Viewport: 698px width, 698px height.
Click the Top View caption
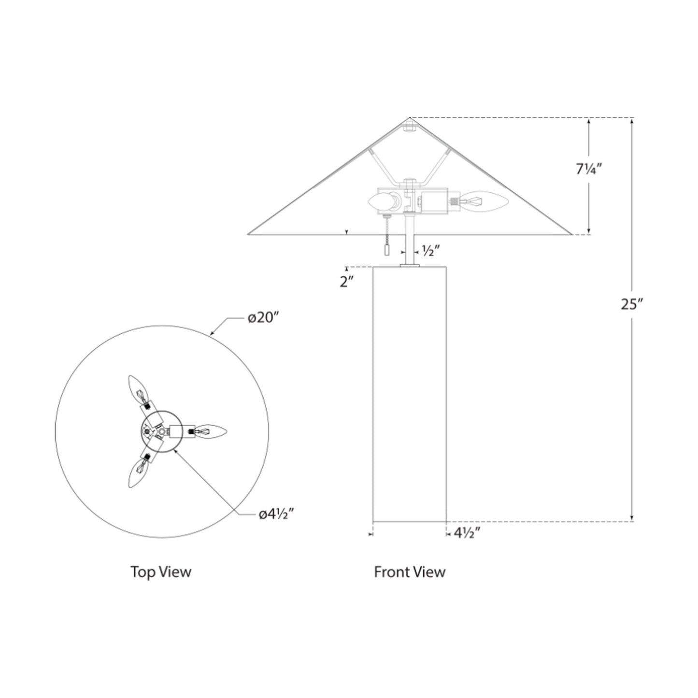(x=161, y=572)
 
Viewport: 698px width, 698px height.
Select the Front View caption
(x=410, y=572)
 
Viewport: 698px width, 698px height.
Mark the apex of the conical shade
(x=410, y=118)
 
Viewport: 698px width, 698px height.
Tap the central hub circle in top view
(x=161, y=430)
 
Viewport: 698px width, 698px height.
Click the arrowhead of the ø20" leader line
(x=211, y=333)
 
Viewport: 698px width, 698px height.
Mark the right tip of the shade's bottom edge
(x=572, y=234)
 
